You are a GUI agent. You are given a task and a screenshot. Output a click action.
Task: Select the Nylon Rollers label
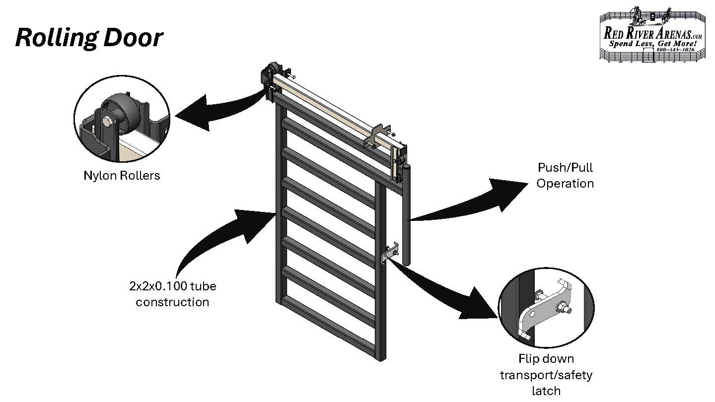coord(122,175)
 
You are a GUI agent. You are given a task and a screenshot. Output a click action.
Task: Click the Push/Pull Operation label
coord(565,176)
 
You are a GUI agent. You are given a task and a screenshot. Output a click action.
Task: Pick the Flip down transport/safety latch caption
coord(546,374)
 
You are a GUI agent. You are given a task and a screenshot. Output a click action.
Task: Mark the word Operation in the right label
coord(565,184)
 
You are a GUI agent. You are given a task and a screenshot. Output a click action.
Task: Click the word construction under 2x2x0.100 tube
coord(172,302)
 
